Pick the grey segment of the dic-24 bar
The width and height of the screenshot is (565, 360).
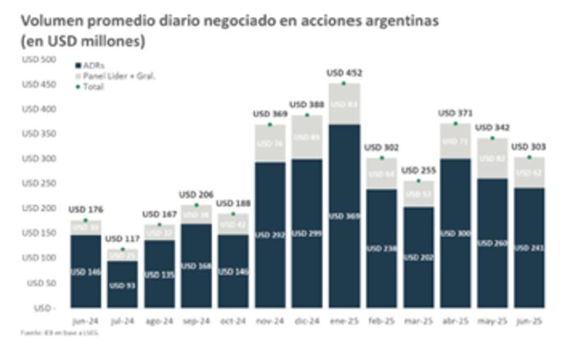click(x=307, y=137)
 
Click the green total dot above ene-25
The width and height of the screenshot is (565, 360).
click(x=344, y=83)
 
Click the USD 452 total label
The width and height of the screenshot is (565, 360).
click(x=344, y=73)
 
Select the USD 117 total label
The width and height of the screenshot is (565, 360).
click(x=122, y=239)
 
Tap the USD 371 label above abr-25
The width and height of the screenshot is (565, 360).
click(x=456, y=113)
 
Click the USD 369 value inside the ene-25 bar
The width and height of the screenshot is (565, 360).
click(x=344, y=215)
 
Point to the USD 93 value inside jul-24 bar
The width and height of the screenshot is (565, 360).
click(x=123, y=285)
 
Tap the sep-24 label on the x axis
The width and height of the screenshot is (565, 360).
click(x=196, y=321)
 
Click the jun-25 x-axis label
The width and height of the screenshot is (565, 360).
click(x=529, y=321)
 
